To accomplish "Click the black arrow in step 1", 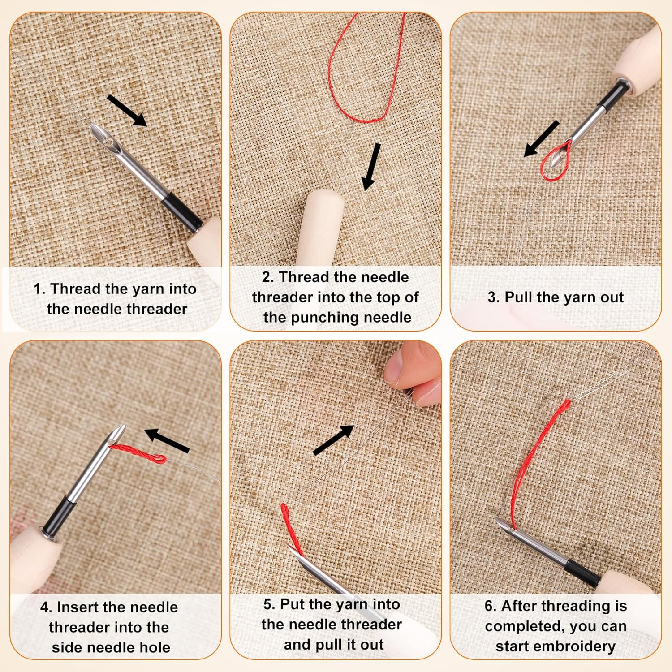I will (x=127, y=110).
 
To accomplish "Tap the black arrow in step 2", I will (x=371, y=167).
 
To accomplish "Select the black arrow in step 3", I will (x=541, y=138).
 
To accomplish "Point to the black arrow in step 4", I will (x=167, y=440).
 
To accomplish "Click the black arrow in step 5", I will (x=333, y=440).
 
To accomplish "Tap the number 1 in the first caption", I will (x=39, y=289).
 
